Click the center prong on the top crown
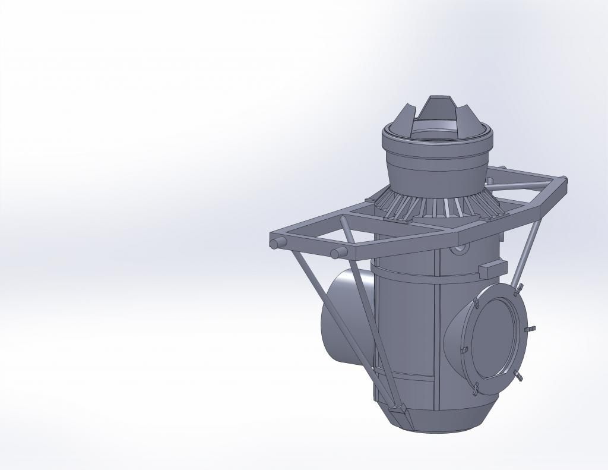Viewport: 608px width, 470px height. pos(440,107)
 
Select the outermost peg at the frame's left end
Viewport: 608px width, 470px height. pos(276,244)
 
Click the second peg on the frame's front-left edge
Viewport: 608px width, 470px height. pos(337,254)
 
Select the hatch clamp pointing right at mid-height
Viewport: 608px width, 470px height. pos(531,329)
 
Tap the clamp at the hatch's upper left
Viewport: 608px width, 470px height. pos(476,304)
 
